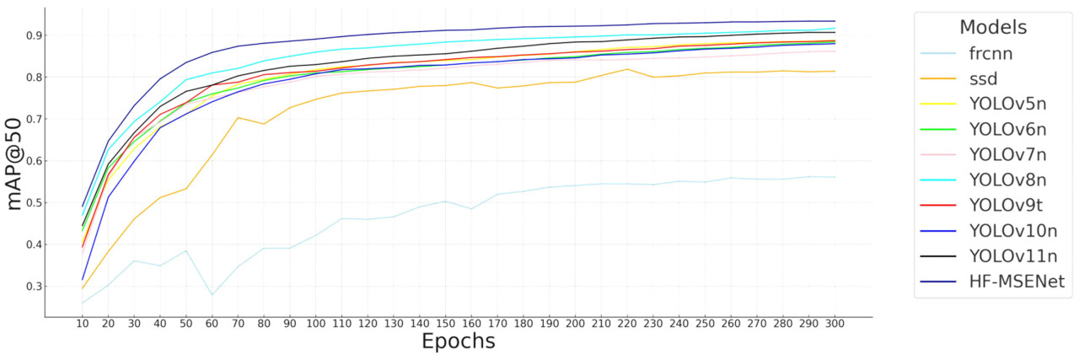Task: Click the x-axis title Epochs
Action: tap(459, 341)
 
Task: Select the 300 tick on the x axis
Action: tap(834, 323)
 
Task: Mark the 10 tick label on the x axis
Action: tap(82, 323)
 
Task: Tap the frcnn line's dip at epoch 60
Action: tap(212, 295)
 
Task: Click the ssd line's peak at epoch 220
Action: tap(626, 69)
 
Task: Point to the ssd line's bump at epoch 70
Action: tap(238, 118)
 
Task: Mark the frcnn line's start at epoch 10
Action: tap(82, 304)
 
